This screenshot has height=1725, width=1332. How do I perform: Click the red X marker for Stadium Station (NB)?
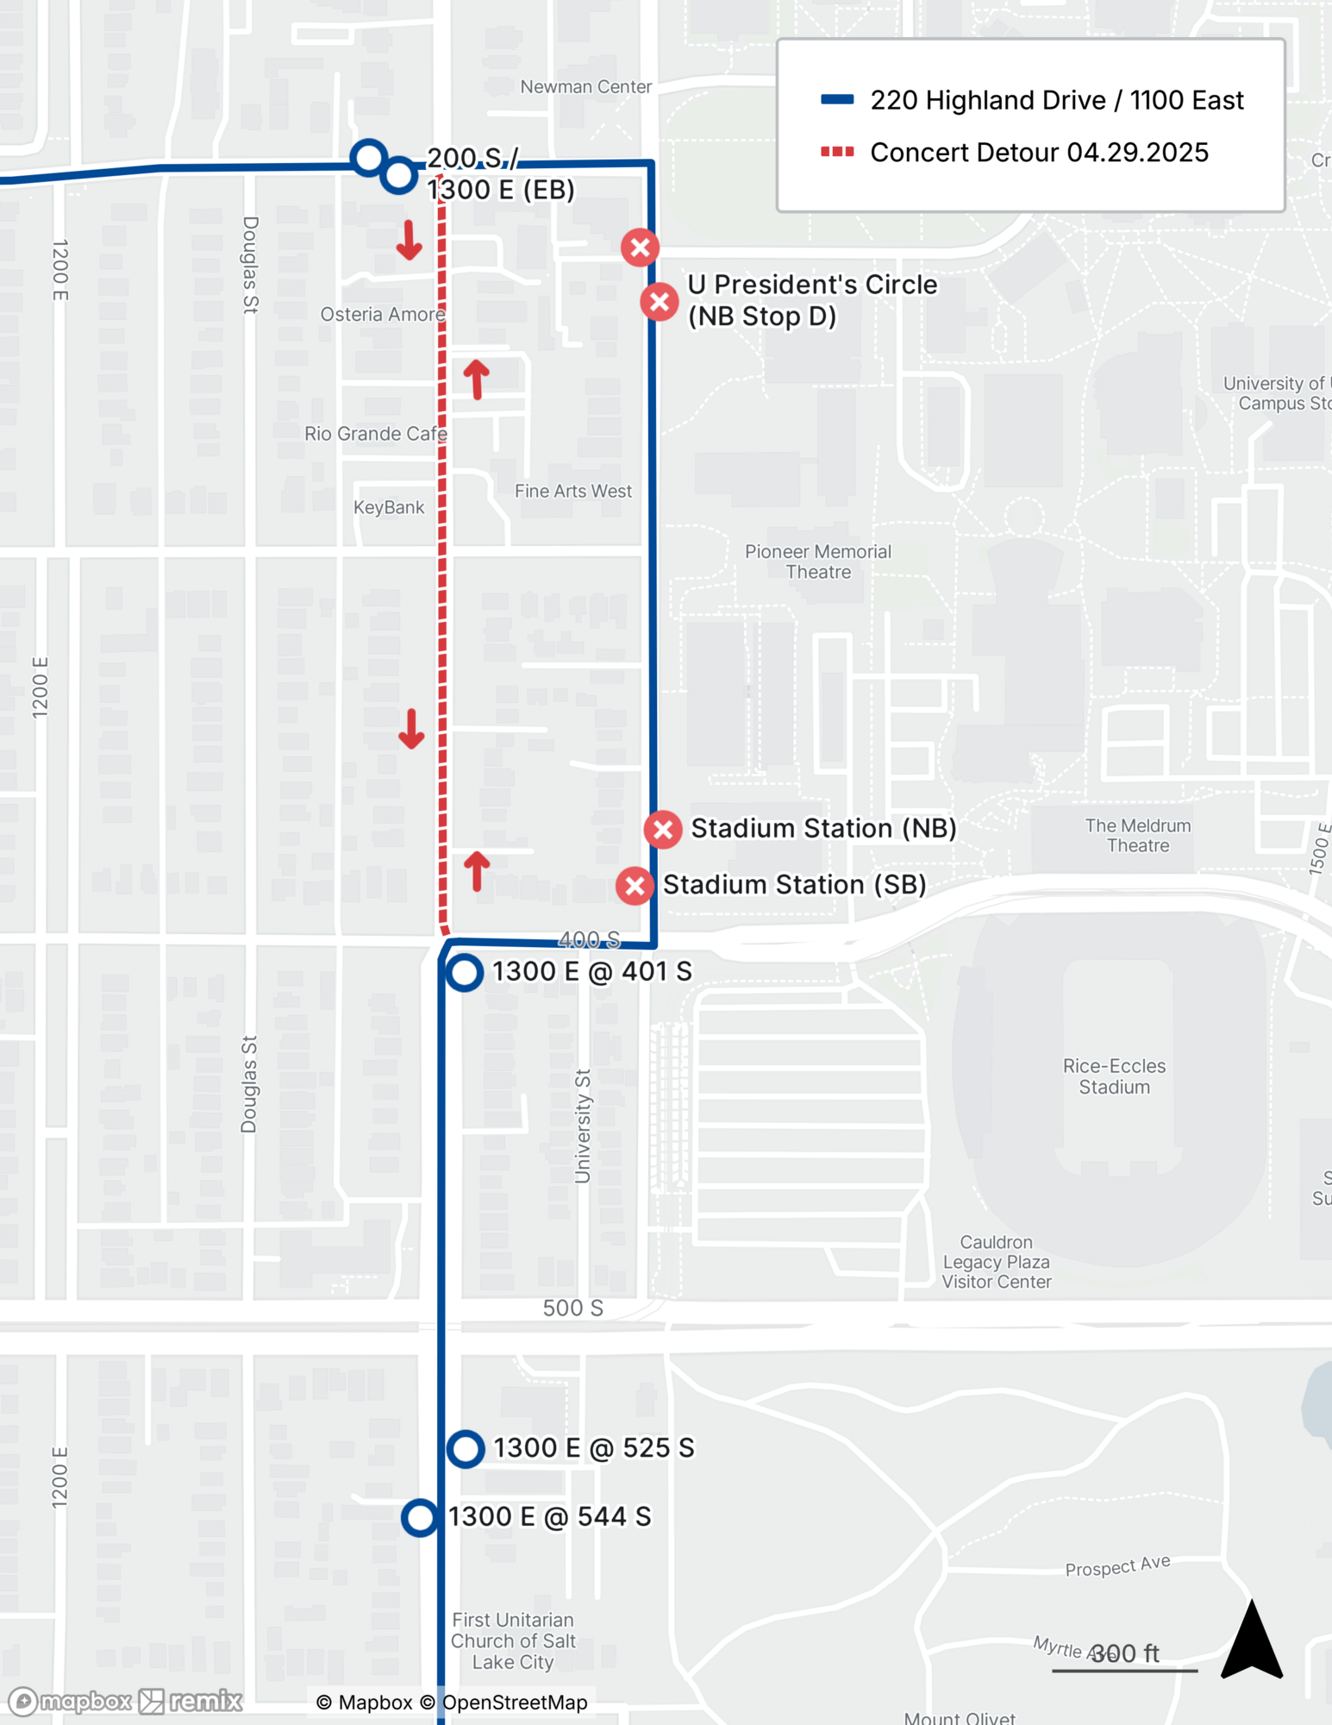tap(663, 830)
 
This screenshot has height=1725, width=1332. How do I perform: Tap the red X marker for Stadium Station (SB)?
tap(635, 886)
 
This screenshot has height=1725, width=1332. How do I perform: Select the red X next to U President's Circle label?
tap(660, 302)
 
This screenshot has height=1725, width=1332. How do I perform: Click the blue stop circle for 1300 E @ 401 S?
tap(465, 973)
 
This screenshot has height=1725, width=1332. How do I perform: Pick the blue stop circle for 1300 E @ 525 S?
tap(466, 1449)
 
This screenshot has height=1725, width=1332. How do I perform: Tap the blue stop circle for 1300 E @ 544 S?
tap(420, 1517)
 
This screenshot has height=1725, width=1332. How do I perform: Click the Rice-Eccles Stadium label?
tap(1114, 1076)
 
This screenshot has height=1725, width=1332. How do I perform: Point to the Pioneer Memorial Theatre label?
tap(818, 561)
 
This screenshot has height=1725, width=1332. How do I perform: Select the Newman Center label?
tap(585, 87)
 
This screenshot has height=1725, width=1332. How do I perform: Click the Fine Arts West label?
tap(573, 492)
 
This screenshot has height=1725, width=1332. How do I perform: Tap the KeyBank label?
tap(389, 507)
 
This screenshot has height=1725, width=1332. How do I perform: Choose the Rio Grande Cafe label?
tap(376, 434)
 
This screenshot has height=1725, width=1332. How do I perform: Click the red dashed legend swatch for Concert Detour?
tap(837, 153)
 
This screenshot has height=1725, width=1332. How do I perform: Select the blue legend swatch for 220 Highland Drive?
tap(837, 100)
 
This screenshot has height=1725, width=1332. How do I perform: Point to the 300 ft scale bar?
tap(1124, 1670)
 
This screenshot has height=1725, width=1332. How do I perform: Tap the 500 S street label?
tap(572, 1308)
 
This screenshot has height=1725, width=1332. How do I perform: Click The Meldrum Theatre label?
tap(1138, 836)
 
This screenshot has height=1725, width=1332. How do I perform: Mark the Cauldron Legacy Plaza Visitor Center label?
tap(997, 1262)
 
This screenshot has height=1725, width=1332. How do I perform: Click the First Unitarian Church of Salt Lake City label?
tap(513, 1641)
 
